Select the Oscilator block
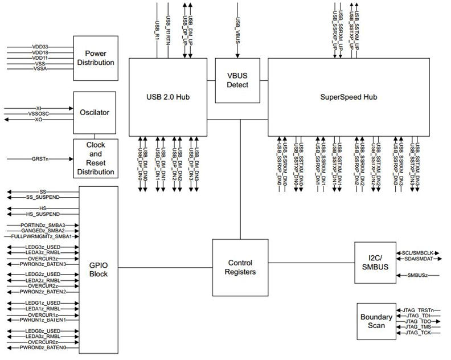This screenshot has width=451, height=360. (x=94, y=112)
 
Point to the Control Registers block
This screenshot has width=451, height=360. (x=240, y=267)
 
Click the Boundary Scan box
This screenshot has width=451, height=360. (x=376, y=321)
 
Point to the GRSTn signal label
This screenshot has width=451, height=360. (x=40, y=158)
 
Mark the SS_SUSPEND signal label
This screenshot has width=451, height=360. (x=43, y=197)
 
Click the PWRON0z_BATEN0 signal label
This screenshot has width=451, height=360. (x=43, y=347)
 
